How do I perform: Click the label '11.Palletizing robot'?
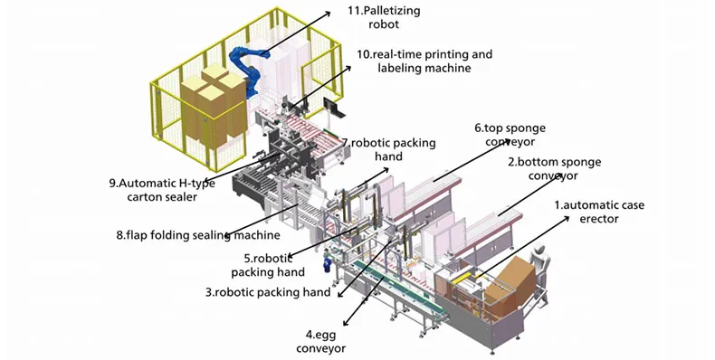(384, 17)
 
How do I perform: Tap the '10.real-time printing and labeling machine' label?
(424, 62)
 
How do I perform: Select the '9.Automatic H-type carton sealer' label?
(162, 190)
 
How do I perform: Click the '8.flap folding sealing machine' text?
(198, 235)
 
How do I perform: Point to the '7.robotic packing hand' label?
(389, 149)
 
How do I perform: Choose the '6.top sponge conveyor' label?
(510, 135)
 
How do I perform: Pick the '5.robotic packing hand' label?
(268, 265)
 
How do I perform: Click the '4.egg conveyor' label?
(321, 342)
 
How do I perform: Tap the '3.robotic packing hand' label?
(268, 291)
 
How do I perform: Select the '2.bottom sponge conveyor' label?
(555, 168)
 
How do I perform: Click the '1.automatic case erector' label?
(599, 212)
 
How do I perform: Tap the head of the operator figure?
(540, 250)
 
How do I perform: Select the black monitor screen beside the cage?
(331, 108)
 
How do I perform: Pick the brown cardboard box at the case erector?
(510, 281)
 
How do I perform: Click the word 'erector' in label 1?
(599, 219)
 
